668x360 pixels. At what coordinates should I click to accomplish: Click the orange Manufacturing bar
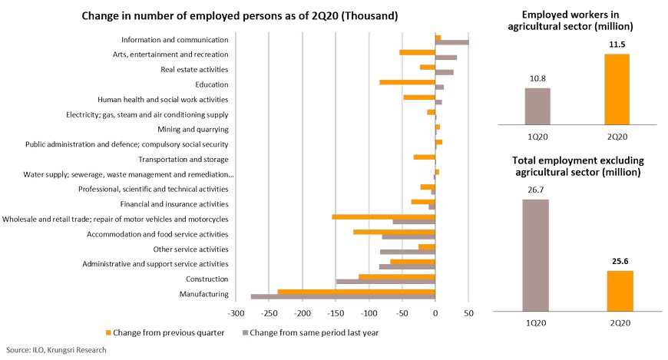tap(356, 292)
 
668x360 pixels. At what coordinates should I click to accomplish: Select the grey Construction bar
tap(385, 282)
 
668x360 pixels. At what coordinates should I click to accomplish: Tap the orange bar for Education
tap(407, 82)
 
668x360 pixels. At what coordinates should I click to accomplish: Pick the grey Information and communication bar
tap(452, 42)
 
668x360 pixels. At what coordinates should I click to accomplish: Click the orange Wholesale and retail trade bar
tap(383, 217)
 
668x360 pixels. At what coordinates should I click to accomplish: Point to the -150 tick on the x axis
tap(336, 314)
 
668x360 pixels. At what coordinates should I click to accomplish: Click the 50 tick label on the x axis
tap(468, 314)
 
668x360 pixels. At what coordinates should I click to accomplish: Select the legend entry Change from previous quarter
tap(165, 332)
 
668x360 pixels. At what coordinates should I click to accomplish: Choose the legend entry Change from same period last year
tap(310, 332)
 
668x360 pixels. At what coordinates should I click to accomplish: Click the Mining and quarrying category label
tap(193, 129)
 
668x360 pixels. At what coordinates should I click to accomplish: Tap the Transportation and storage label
tap(184, 160)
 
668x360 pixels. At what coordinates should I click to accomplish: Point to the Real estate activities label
tap(194, 69)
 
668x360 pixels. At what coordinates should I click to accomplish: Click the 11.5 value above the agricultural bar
tap(617, 45)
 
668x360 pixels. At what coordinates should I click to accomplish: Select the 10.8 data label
tap(537, 78)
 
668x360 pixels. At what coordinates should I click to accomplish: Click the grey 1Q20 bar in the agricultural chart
tap(537, 106)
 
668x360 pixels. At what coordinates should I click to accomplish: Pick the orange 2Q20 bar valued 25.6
tap(620, 291)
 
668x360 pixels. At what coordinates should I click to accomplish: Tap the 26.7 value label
tap(535, 190)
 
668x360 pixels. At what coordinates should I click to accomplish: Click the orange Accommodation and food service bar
tap(394, 232)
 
